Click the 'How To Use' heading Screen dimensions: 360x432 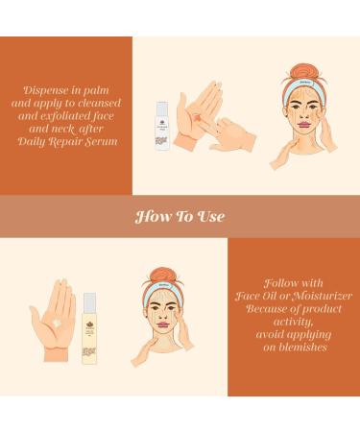point(180,216)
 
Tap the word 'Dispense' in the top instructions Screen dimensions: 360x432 point(45,90)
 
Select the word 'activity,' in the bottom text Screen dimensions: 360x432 point(293,322)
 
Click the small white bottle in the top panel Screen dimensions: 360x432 point(162,126)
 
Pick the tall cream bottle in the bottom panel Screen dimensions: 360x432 point(89,328)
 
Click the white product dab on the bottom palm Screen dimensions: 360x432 point(57,323)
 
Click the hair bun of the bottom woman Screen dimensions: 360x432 point(163,276)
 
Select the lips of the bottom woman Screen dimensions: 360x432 point(163,325)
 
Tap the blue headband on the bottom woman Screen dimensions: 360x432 point(163,287)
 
